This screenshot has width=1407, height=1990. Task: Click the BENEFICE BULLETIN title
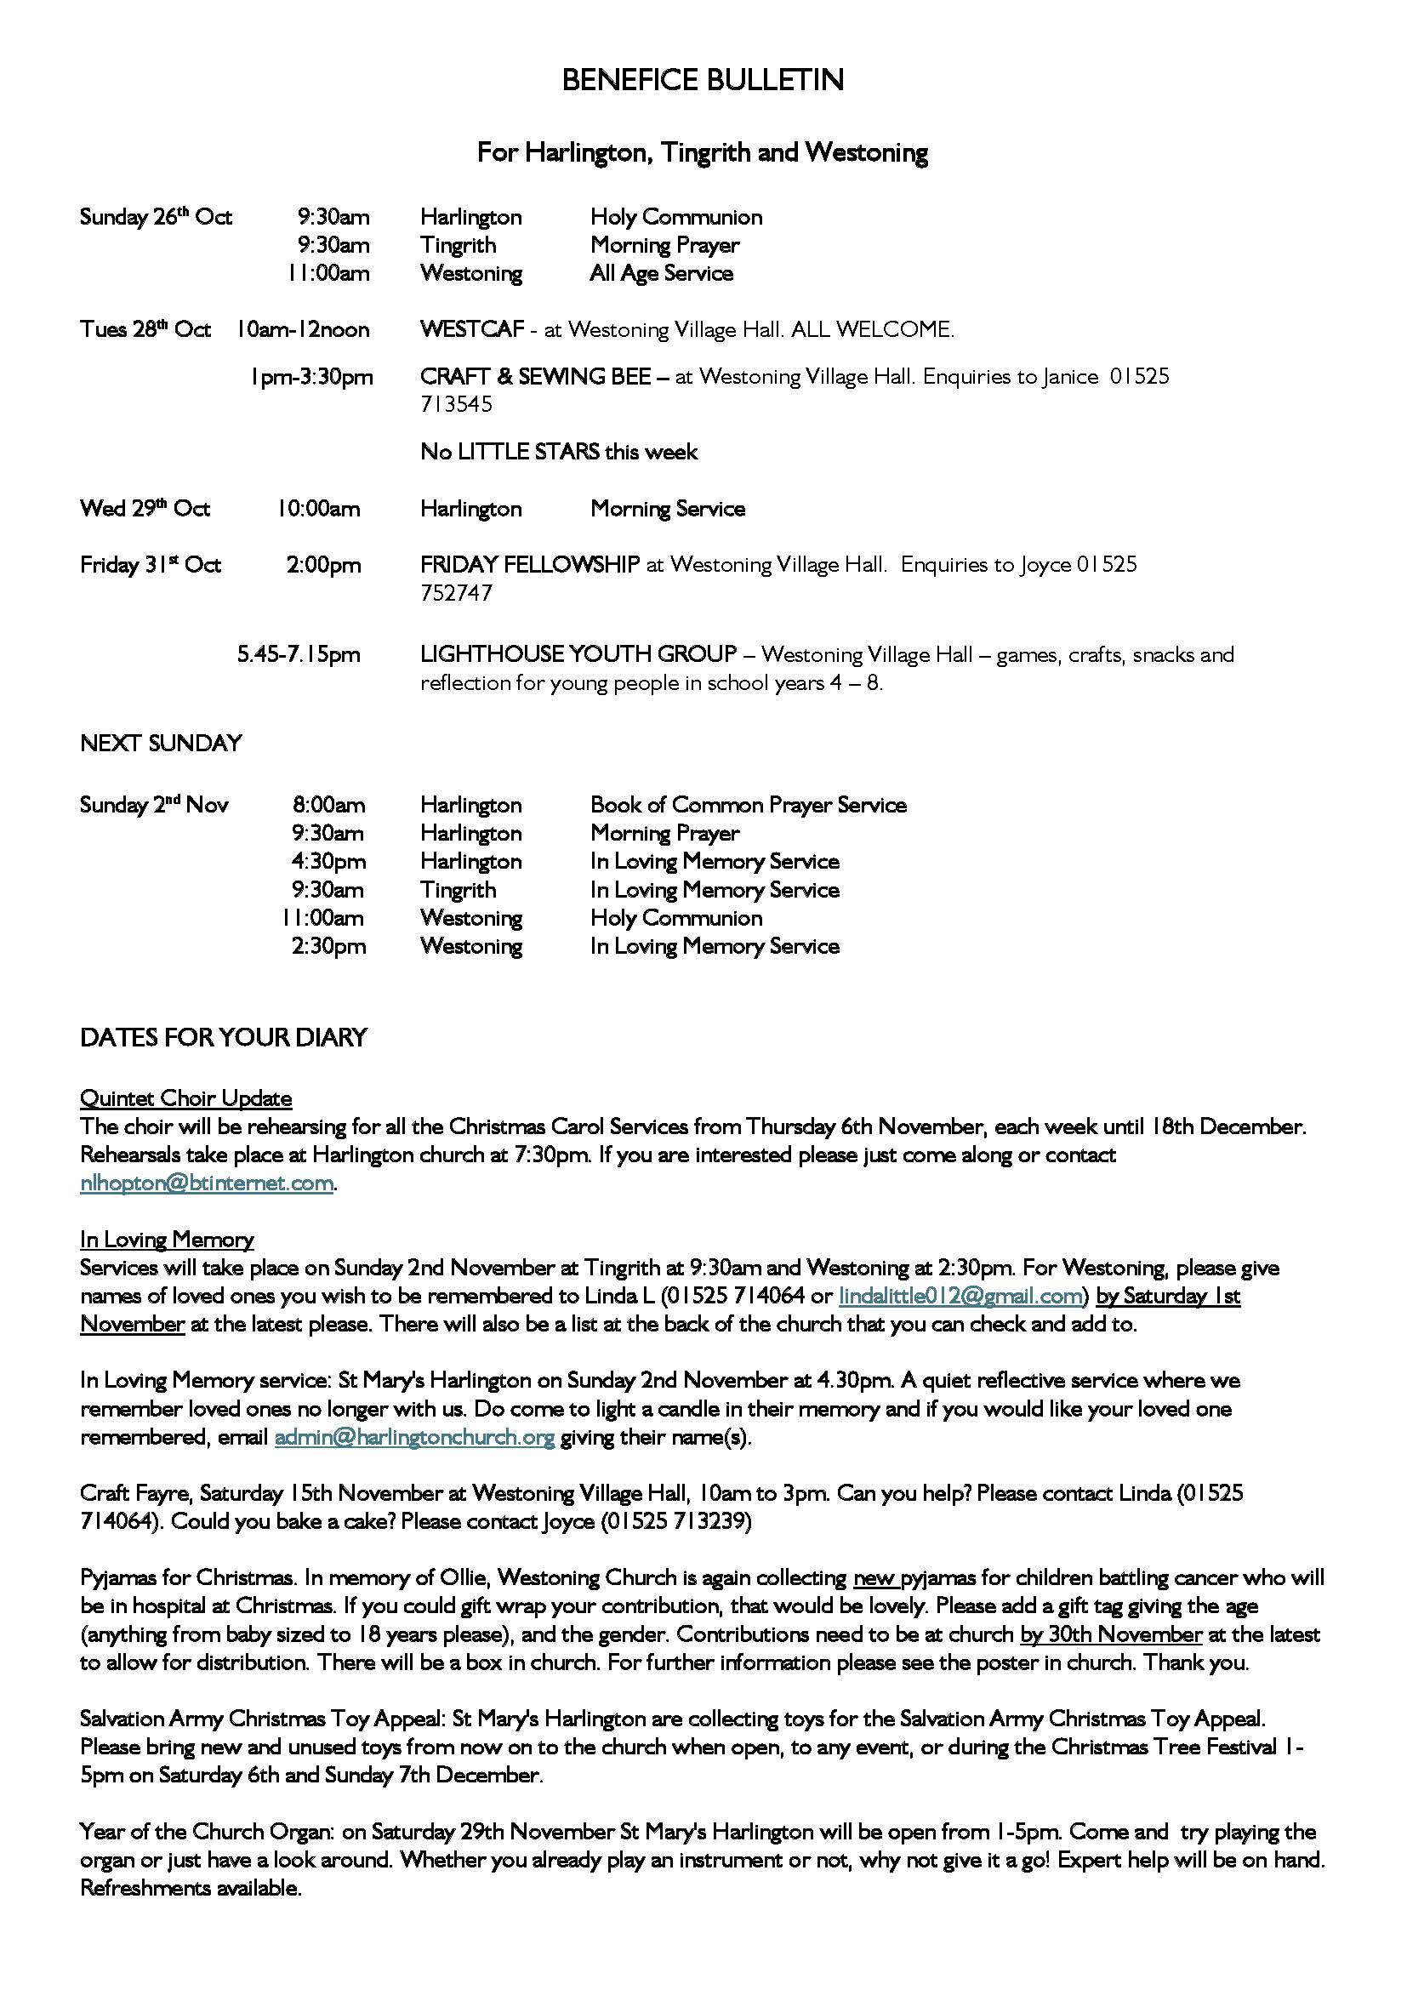(703, 81)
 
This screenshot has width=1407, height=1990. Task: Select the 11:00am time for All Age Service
(329, 274)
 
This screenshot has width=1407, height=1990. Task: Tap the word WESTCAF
(472, 330)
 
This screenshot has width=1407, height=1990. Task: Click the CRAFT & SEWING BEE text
(535, 377)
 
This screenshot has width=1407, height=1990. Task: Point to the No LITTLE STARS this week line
(559, 453)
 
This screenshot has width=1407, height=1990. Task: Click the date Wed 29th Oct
(145, 509)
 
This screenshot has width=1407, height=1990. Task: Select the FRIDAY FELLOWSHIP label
(529, 565)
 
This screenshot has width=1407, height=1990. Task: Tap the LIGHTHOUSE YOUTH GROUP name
(578, 654)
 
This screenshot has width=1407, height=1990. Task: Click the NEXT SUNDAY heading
(160, 744)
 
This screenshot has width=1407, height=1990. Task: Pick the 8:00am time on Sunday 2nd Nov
(328, 805)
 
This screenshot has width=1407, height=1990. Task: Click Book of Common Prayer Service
(749, 805)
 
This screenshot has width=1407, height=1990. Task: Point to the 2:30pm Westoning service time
(328, 946)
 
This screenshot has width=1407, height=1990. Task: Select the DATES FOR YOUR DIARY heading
(224, 1038)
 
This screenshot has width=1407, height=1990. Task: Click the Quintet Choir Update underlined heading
(185, 1099)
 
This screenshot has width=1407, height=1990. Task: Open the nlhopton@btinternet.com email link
(207, 1184)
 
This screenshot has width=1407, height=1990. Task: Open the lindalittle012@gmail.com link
(960, 1297)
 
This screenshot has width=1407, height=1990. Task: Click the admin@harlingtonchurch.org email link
(414, 1438)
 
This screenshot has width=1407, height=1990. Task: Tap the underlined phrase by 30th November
(1111, 1635)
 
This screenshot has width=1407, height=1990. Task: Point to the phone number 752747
(456, 594)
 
